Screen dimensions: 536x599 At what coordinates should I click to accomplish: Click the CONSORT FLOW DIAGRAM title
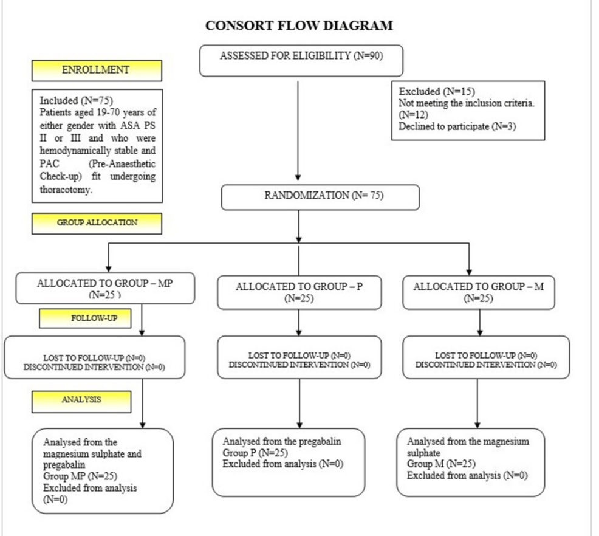299,26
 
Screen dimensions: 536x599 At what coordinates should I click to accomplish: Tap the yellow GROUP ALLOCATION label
97,222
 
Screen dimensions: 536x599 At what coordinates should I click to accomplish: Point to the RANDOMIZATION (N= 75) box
320,197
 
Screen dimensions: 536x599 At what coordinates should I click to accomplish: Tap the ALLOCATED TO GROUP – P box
298,292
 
